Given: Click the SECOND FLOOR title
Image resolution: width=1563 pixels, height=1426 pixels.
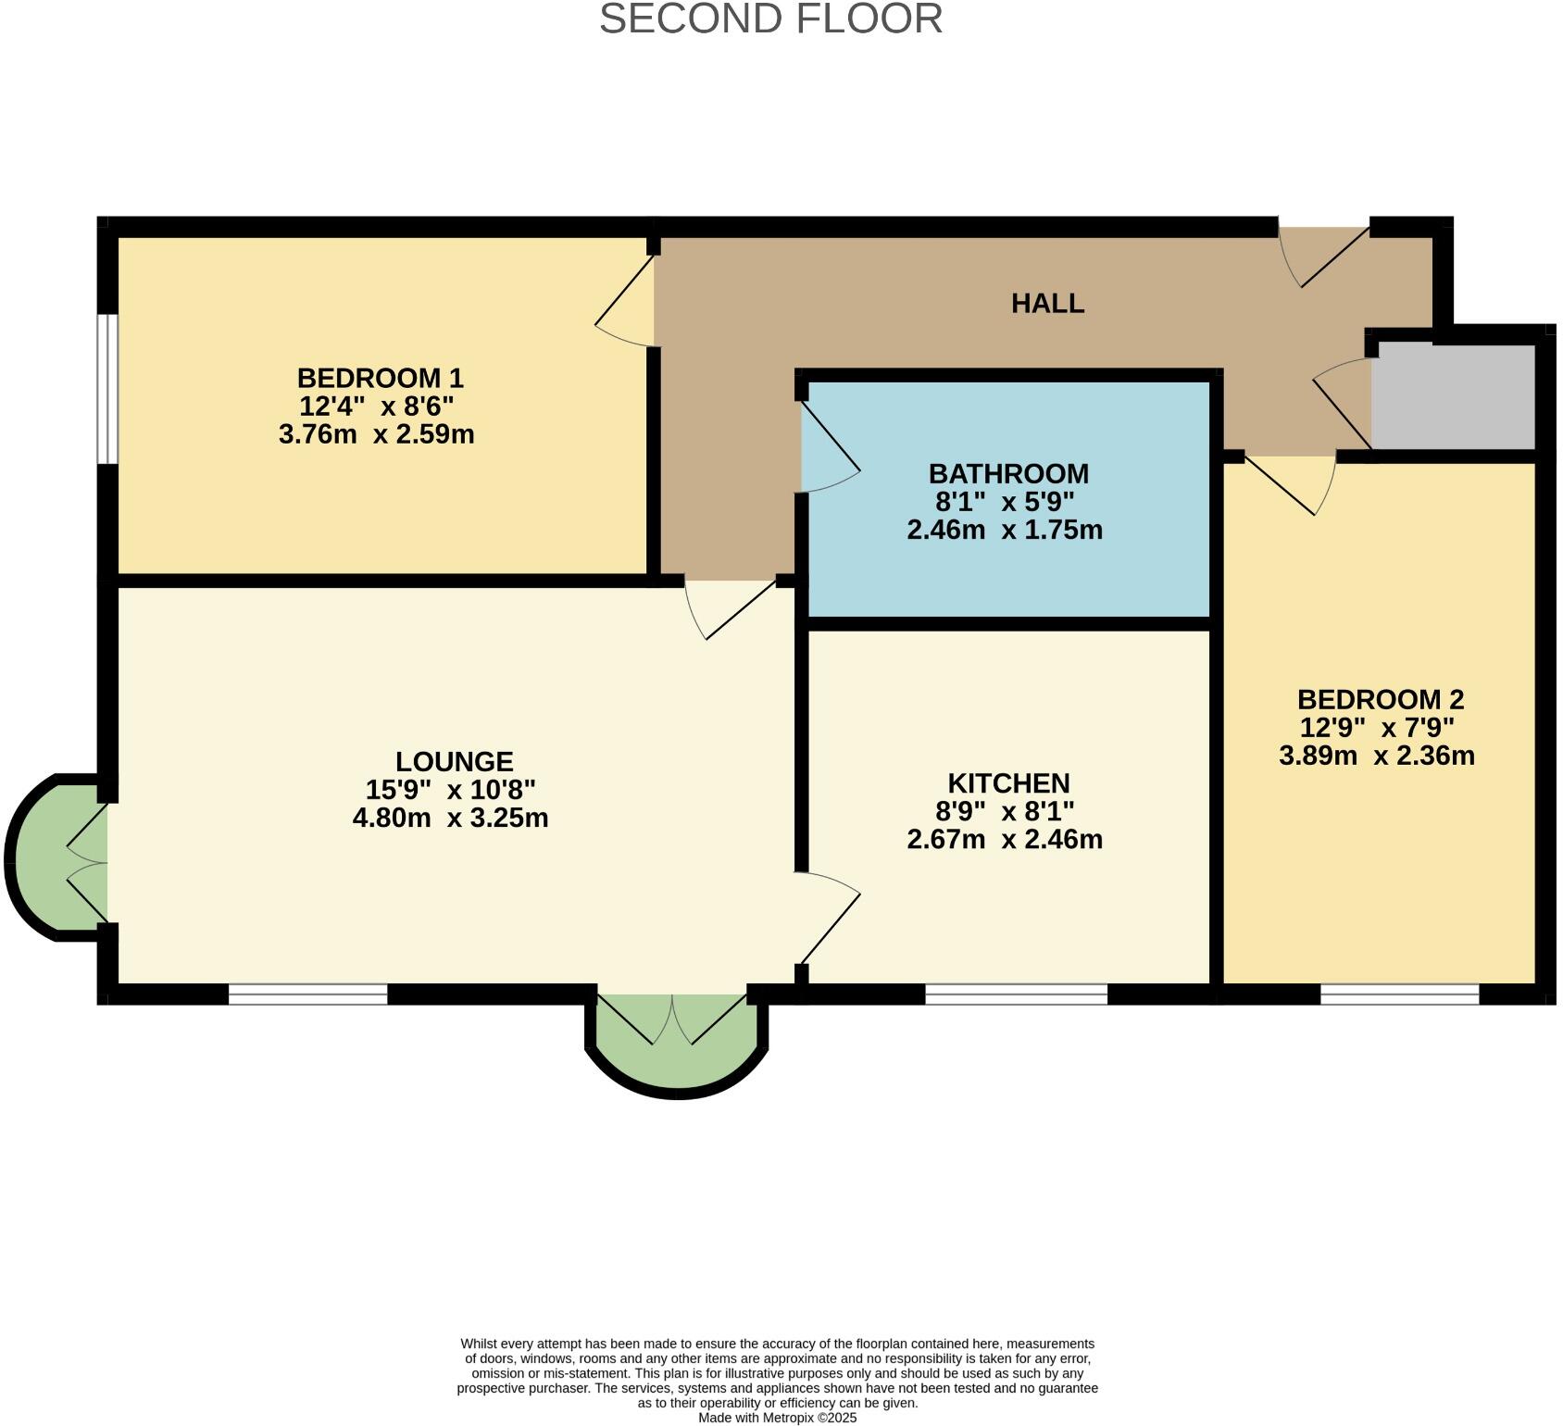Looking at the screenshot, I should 770,19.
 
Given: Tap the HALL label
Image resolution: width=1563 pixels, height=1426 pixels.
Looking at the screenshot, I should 1047,304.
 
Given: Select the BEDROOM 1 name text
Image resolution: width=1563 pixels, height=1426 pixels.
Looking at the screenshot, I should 380,378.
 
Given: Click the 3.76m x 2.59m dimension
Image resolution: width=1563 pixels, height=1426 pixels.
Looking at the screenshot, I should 376,433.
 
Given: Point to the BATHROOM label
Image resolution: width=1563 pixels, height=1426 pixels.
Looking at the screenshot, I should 1008,473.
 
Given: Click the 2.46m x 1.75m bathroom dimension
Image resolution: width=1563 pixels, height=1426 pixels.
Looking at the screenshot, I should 1005,530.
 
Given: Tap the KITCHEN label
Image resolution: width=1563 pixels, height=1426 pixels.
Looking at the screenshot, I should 1008,783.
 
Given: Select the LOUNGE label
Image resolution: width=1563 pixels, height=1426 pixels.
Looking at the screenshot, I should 454,761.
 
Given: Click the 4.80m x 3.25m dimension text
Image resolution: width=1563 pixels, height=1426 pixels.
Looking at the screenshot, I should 450,818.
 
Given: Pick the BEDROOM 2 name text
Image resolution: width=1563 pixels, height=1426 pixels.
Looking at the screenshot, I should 1380,699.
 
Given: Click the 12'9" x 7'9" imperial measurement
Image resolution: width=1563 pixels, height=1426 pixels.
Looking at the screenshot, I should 1377,727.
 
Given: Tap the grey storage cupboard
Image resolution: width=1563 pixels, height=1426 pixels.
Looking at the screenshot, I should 1452,396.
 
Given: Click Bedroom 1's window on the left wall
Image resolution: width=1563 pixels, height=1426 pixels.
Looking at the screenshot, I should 108,388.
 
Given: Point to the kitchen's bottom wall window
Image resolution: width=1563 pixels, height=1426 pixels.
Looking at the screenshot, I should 1016,994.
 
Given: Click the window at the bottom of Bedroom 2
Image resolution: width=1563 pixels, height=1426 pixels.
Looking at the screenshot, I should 1399,994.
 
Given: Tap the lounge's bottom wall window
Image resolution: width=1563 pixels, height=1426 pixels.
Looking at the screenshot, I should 307,994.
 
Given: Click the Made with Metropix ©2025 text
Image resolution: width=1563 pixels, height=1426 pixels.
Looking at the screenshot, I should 777,1418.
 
